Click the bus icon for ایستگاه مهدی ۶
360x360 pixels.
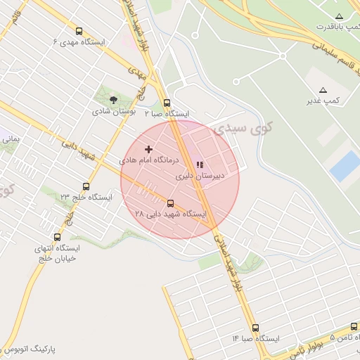pos(79,31)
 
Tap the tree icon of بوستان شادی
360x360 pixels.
pos(114,100)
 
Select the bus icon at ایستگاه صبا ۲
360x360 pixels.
pos(167,103)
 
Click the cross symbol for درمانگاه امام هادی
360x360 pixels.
pos(148,149)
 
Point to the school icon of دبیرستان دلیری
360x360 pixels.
pos(200,165)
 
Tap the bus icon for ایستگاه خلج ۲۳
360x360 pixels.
pos(86,186)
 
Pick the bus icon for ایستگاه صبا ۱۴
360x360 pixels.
pos(255,328)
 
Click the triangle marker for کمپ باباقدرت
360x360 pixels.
pos(340,16)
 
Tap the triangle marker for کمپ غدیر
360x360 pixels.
pos(323,90)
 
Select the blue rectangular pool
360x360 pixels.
pos(345,166)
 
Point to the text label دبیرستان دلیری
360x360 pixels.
pos(200,176)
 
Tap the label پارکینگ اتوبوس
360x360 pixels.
pos(28,349)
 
